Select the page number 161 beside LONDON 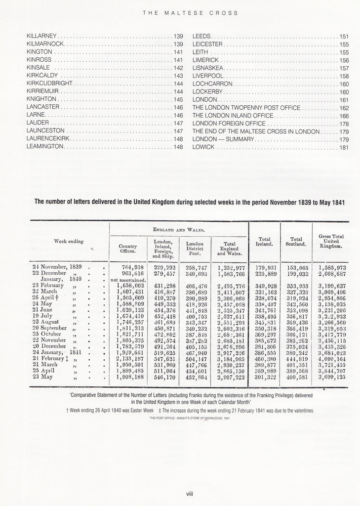pos(344,100)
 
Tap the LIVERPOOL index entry pos(208,76)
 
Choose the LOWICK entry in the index pos(203,147)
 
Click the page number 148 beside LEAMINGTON pos(178,147)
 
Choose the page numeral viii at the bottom pos(189,493)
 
